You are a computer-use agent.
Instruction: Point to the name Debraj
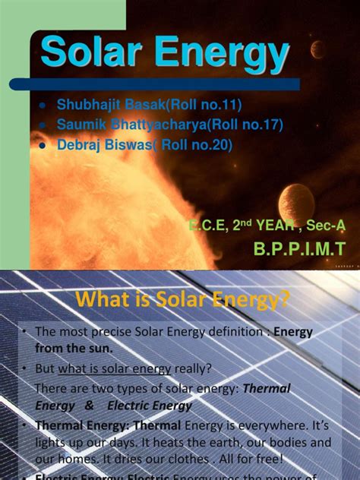(x=80, y=144)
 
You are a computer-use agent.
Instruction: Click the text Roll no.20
(x=194, y=144)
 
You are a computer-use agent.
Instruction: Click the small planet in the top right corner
(x=318, y=49)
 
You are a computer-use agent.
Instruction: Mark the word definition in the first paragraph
(x=230, y=333)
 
